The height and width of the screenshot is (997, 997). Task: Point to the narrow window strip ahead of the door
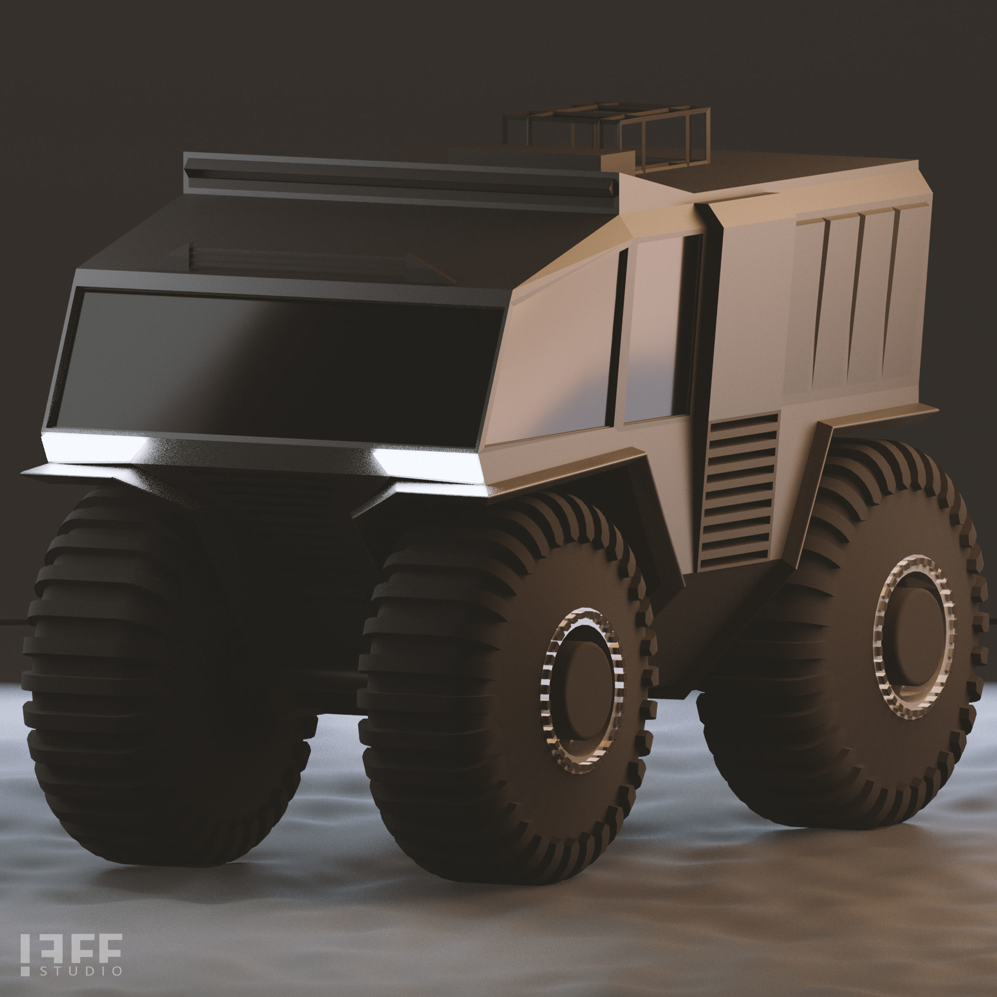pyautogui.click(x=617, y=336)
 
